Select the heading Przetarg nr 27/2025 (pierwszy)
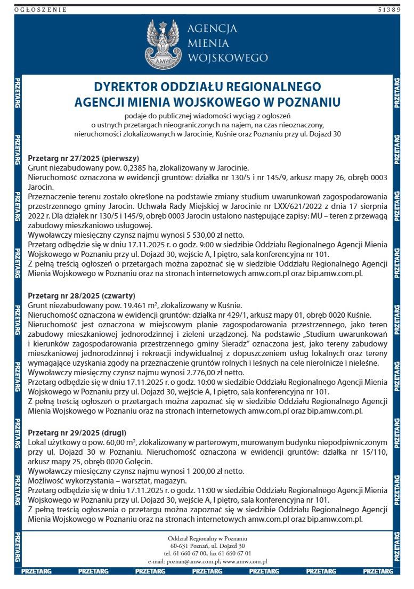click(x=83, y=158)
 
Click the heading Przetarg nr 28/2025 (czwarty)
click(x=81, y=295)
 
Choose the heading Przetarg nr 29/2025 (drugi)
click(x=77, y=433)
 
